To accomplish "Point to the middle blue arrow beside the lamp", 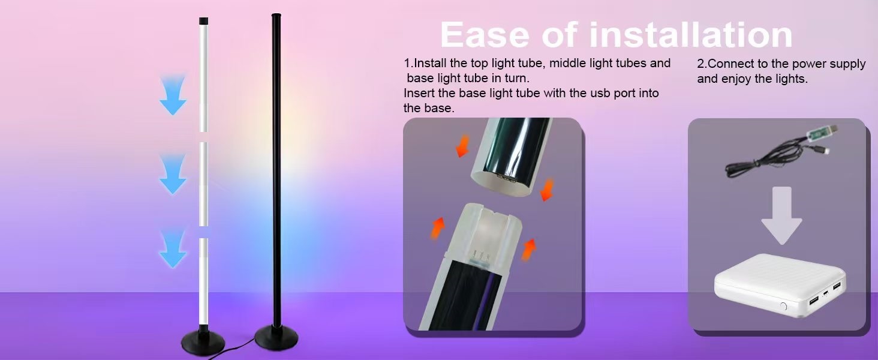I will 173,174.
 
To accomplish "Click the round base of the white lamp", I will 203,344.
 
